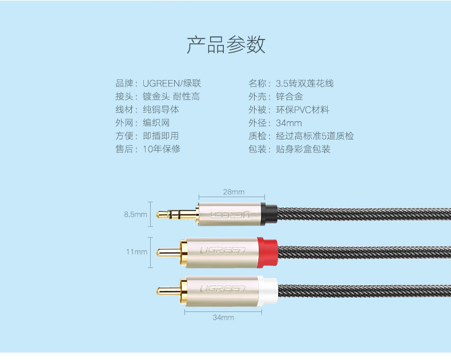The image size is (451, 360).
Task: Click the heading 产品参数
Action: [226, 45]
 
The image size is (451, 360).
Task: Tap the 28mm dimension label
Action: [233, 192]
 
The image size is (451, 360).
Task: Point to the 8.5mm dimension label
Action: [136, 215]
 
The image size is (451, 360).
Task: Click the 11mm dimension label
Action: [137, 251]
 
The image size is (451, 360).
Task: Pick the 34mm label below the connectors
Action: [223, 317]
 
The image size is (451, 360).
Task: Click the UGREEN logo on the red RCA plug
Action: [222, 250]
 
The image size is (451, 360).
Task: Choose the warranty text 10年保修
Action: [162, 149]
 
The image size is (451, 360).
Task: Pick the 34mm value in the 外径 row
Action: [289, 123]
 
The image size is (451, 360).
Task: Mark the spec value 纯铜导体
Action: [161, 110]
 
